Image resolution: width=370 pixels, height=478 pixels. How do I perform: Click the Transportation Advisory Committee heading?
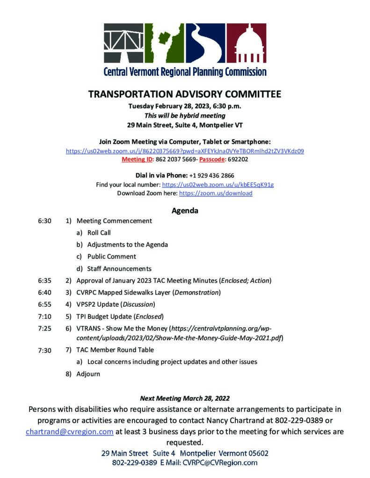pyautogui.click(x=185, y=94)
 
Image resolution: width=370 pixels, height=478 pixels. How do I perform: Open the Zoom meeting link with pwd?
pyautogui.click(x=185, y=151)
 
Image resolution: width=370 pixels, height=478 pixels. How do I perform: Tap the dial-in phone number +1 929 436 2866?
pyautogui.click(x=208, y=176)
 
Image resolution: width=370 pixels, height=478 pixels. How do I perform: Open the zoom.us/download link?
pyautogui.click(x=216, y=193)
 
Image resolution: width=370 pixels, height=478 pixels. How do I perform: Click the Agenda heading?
pyautogui.click(x=185, y=211)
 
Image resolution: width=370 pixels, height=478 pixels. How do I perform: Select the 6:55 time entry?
pyautogui.click(x=44, y=305)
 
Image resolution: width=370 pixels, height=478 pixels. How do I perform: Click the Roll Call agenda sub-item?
pyautogui.click(x=99, y=232)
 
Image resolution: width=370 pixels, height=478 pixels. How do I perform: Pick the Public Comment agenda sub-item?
pyautogui.click(x=111, y=256)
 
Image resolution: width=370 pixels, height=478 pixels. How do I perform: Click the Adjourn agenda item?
pyautogui.click(x=88, y=373)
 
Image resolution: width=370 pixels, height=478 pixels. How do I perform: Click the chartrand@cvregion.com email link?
pyautogui.click(x=69, y=432)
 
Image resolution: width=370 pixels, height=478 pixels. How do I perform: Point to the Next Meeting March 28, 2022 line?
pyautogui.click(x=185, y=399)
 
